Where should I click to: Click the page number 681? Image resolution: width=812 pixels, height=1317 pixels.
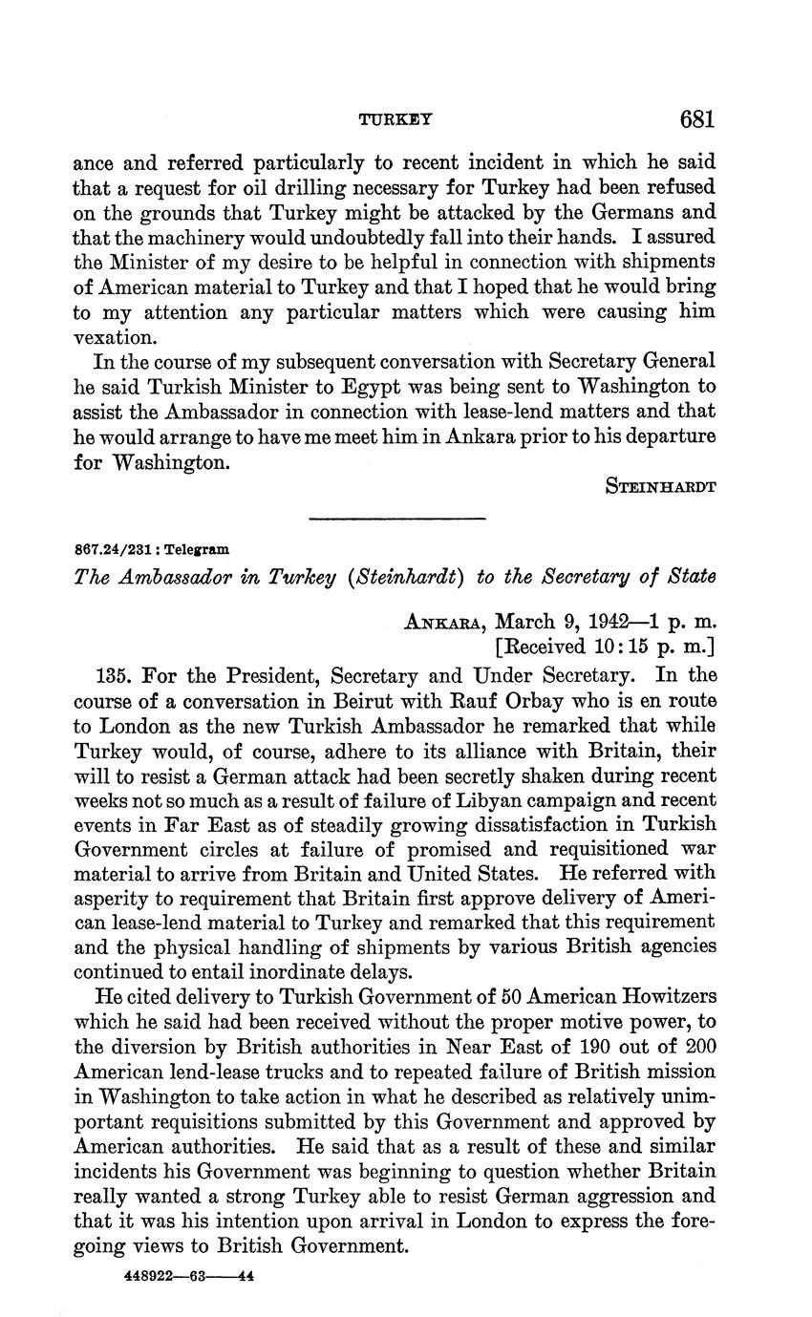(x=697, y=119)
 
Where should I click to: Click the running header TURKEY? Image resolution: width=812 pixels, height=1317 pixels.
(x=395, y=120)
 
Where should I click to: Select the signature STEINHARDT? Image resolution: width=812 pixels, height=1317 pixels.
(x=661, y=485)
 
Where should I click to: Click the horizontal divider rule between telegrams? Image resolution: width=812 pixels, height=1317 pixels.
(x=397, y=519)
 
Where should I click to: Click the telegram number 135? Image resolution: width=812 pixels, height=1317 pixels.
(x=114, y=675)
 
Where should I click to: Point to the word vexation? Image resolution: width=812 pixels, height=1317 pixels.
(x=112, y=337)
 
